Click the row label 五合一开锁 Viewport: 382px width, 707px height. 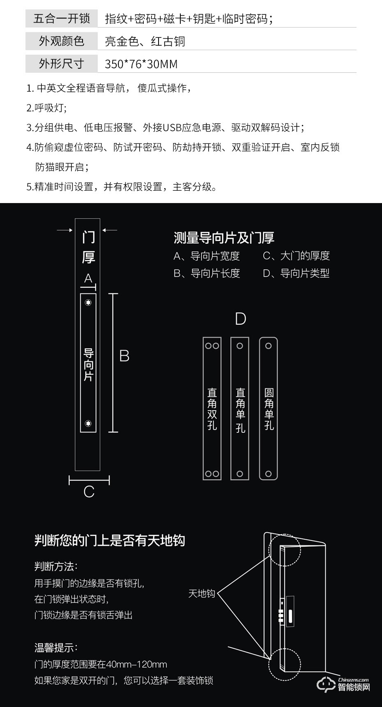(x=61, y=18)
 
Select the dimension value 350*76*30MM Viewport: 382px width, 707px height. (x=141, y=64)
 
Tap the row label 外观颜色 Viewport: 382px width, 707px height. (x=61, y=41)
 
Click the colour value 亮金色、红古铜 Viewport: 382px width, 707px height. (x=145, y=42)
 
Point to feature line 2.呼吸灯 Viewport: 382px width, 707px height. (x=46, y=108)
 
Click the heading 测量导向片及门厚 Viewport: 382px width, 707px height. (x=224, y=238)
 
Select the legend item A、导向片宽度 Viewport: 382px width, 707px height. (x=207, y=256)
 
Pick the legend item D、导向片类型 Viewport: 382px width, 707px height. (x=296, y=273)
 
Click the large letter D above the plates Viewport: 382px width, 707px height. (x=240, y=319)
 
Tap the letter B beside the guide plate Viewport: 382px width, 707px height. (x=124, y=356)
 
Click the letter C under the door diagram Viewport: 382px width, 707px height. (x=89, y=492)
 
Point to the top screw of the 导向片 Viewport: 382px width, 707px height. (x=88, y=303)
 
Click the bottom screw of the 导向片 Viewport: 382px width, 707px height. (x=88, y=423)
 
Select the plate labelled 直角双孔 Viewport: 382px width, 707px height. (x=212, y=409)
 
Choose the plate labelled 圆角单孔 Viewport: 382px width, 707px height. (x=269, y=409)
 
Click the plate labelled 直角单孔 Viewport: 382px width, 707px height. (x=240, y=409)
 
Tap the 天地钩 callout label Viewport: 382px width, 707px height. (x=202, y=594)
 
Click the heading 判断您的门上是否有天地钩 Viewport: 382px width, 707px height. (x=110, y=541)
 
